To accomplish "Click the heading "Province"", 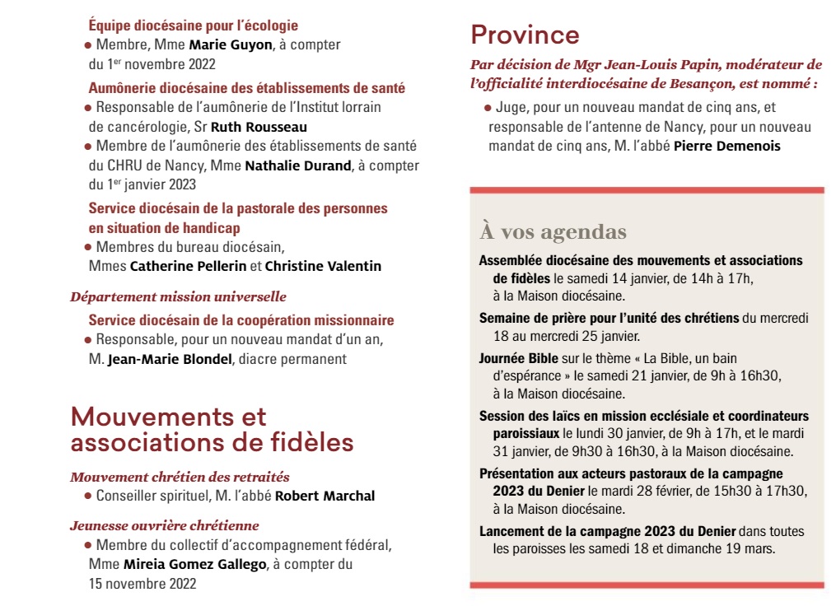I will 525,35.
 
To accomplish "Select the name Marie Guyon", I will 230,44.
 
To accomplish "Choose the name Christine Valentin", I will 323,266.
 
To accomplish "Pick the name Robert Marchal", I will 325,496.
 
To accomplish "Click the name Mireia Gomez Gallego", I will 194,564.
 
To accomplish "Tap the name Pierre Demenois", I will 726,146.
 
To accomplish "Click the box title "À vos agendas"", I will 553,231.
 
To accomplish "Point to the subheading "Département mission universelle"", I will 178,296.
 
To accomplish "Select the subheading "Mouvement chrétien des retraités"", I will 180,477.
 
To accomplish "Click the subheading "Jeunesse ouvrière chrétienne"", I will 165,525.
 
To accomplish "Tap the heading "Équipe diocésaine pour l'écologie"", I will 193,26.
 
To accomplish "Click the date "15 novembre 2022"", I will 142,584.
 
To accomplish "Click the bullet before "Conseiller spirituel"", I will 87,496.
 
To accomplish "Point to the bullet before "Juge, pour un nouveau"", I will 488,107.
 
